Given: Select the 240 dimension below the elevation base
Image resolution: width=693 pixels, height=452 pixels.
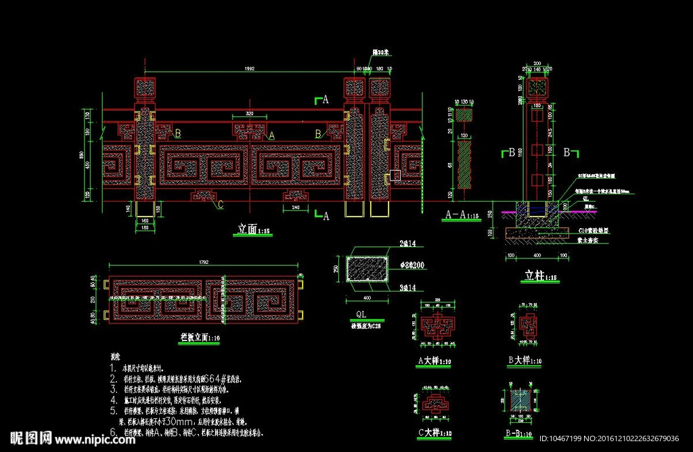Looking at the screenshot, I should point(296,208).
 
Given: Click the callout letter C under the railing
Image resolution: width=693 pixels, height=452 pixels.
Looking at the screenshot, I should point(221,204).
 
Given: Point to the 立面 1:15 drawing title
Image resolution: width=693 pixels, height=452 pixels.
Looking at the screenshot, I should point(254,229).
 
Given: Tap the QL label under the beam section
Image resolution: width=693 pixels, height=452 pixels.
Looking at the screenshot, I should point(362,315).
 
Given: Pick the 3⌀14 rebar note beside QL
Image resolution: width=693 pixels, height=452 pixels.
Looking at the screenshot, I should point(407,288).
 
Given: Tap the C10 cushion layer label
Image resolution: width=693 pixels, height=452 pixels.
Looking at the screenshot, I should point(596,231).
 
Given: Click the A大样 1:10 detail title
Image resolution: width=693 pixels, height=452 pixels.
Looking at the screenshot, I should point(434,361).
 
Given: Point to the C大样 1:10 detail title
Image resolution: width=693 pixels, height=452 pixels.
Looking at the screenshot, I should point(434,432).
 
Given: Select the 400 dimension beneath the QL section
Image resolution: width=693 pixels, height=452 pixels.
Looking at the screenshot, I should point(367,298).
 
